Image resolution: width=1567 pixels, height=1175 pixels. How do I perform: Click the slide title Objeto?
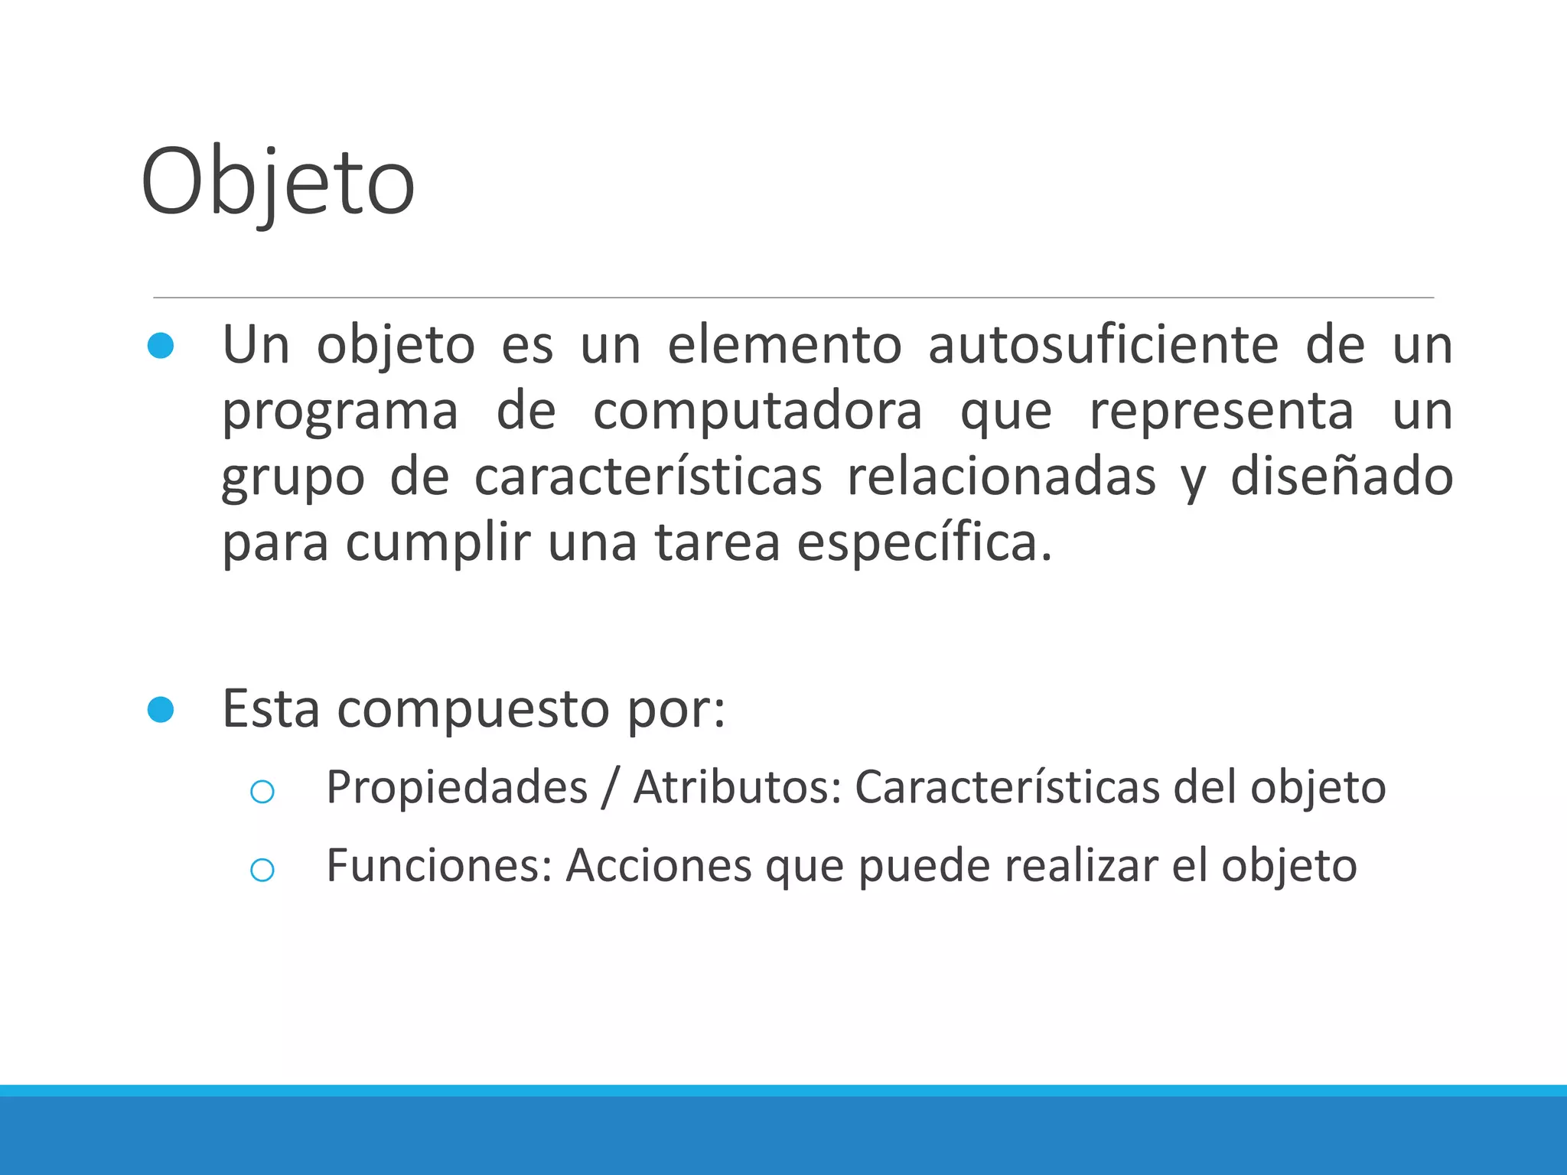[278, 184]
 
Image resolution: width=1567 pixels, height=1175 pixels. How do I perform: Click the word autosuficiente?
[1103, 346]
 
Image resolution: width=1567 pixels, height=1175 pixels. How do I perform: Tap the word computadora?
[757, 412]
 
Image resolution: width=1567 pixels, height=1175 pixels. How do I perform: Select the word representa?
[1221, 412]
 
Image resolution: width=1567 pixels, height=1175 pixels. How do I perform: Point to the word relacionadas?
[1001, 477]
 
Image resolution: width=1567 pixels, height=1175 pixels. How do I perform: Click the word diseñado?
[1341, 477]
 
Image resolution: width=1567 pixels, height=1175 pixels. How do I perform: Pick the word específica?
[924, 543]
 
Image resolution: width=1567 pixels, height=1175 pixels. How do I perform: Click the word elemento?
[784, 346]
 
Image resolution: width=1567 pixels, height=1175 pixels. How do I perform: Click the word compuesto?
[474, 710]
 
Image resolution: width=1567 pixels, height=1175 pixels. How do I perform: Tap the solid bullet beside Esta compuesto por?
[161, 710]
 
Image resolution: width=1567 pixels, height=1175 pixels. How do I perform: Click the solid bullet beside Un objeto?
[161, 346]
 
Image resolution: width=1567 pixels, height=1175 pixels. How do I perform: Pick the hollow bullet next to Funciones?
[262, 870]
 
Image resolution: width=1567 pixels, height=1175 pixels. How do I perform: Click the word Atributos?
[738, 788]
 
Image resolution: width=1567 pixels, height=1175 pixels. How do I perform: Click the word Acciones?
[659, 866]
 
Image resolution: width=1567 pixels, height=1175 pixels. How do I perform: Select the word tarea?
[717, 543]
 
